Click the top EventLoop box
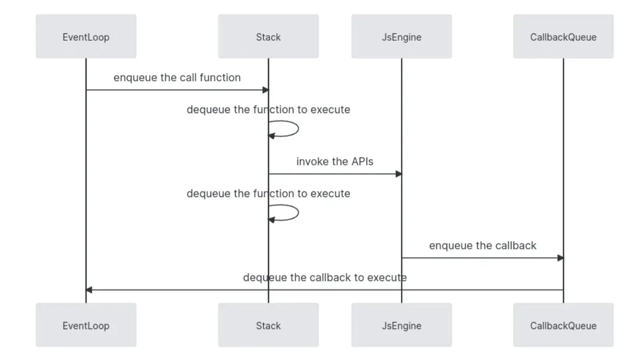(86, 37)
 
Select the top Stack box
(268, 37)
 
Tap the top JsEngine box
(401, 37)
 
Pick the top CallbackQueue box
(563, 37)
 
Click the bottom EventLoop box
(86, 325)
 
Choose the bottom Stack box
(268, 325)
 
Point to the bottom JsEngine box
(401, 325)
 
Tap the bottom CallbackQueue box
(563, 325)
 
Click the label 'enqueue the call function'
(177, 78)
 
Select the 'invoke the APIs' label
(335, 161)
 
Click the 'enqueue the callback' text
(483, 245)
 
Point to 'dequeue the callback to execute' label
(325, 278)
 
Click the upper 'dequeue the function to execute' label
(269, 110)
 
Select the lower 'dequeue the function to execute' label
(269, 194)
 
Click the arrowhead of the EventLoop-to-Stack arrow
(265, 90)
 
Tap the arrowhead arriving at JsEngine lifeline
(399, 174)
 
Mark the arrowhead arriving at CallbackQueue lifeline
(561, 258)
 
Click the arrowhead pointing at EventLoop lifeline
(89, 290)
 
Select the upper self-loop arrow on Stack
(298, 129)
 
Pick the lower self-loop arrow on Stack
(298, 213)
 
